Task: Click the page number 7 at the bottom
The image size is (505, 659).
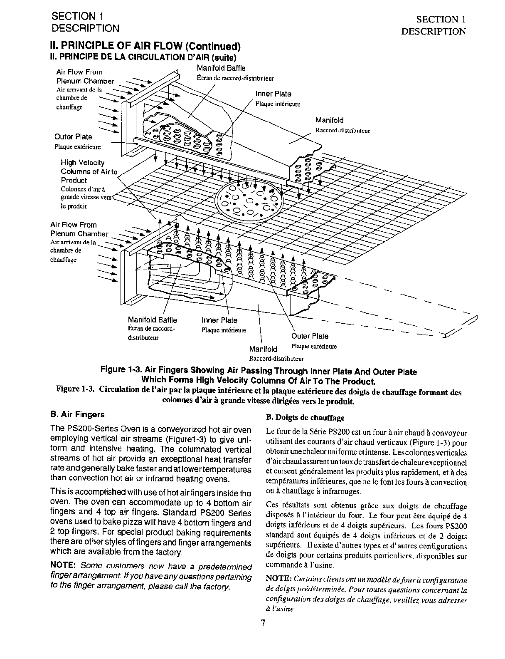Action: click(x=263, y=623)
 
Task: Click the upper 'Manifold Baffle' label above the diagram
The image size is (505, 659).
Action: click(x=221, y=68)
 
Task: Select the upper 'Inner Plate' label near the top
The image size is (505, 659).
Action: click(x=273, y=94)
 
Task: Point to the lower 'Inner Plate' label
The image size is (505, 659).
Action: click(x=219, y=320)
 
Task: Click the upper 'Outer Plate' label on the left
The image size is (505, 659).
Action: click(x=73, y=137)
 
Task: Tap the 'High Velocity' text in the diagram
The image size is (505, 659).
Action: click(x=83, y=163)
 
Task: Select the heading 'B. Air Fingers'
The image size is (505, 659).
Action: click(x=77, y=414)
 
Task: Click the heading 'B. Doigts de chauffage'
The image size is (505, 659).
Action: click(x=305, y=417)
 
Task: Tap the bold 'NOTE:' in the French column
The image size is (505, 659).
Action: click(x=278, y=579)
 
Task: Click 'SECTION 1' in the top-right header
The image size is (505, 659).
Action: click(x=441, y=19)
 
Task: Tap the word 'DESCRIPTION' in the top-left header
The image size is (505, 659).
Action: click(x=85, y=28)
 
